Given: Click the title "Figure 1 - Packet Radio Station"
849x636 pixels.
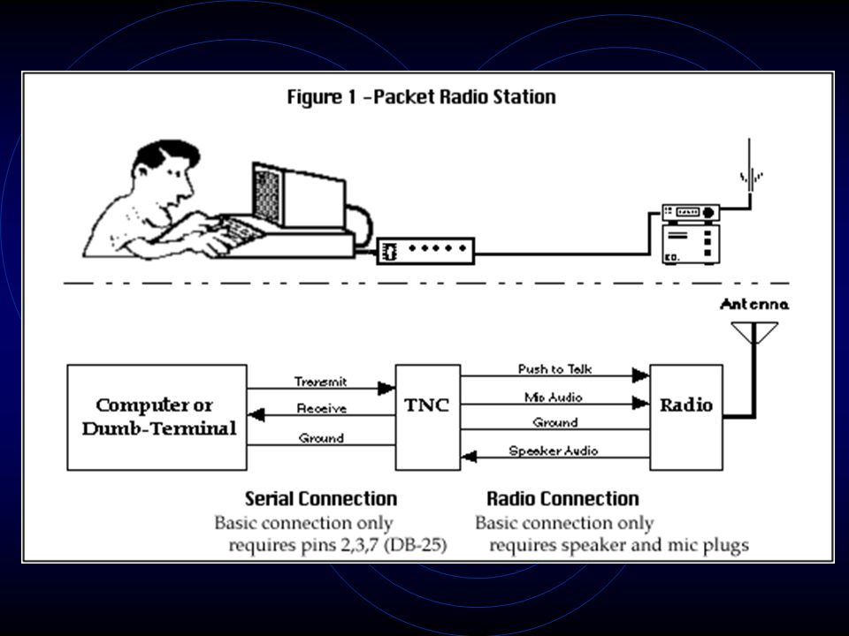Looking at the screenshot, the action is pyautogui.click(x=421, y=97).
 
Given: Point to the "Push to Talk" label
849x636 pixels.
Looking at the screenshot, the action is pyautogui.click(x=555, y=369).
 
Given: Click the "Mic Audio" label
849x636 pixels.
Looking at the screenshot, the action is pyautogui.click(x=553, y=397).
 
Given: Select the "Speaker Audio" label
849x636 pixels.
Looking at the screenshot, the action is pyautogui.click(x=554, y=450).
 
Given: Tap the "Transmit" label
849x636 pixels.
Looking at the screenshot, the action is pyautogui.click(x=320, y=382).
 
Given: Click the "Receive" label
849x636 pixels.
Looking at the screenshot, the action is pyautogui.click(x=321, y=409).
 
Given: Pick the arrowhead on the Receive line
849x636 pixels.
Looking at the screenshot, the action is pyautogui.click(x=256, y=415).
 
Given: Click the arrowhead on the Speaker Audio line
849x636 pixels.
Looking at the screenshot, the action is pyautogui.click(x=469, y=457).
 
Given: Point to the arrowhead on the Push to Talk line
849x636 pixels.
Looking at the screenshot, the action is pyautogui.click(x=641, y=375).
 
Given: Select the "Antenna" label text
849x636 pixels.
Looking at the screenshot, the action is pyautogui.click(x=754, y=305).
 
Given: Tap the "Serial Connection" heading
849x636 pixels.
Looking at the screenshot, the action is pyautogui.click(x=320, y=498).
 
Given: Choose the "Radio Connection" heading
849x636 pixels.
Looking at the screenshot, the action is pyautogui.click(x=562, y=498).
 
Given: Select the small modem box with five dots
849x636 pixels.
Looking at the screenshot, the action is pyautogui.click(x=425, y=251).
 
